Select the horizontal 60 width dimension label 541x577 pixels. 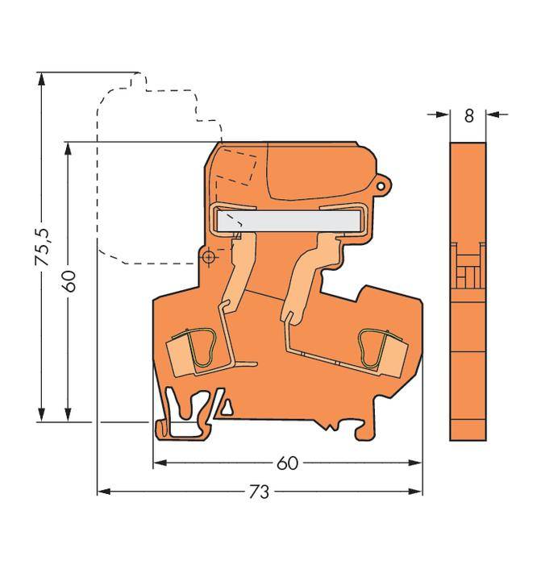pyautogui.click(x=287, y=463)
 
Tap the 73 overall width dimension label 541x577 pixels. pyautogui.click(x=260, y=491)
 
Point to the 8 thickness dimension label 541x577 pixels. pyautogui.click(x=468, y=115)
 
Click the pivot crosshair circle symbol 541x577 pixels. pyautogui.click(x=209, y=257)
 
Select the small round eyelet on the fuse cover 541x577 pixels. pyautogui.click(x=383, y=185)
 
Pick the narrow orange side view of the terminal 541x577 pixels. pyautogui.click(x=468, y=290)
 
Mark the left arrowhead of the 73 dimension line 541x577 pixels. pyautogui.click(x=102, y=491)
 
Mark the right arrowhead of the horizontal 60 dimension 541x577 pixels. pyautogui.click(x=417, y=463)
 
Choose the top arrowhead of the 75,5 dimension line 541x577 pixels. pyautogui.click(x=40, y=79)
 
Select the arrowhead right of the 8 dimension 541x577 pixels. pyautogui.click(x=493, y=115)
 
